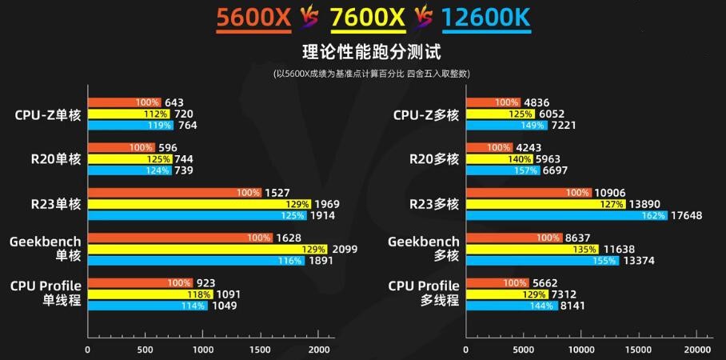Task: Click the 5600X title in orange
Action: tap(253, 18)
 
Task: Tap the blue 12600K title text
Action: tap(485, 18)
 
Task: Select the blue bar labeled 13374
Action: tap(542, 261)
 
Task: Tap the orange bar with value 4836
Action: tap(493, 102)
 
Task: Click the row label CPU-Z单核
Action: tap(48, 114)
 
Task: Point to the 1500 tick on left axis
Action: tap(261, 350)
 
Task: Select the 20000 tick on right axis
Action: tap(698, 350)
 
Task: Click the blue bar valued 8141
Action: tap(512, 306)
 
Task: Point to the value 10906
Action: tap(610, 193)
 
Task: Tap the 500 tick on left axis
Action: tap(146, 350)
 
